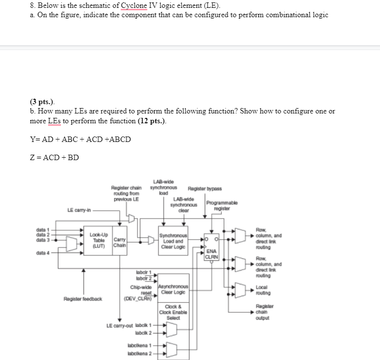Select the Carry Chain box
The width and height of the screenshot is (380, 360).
pyautogui.click(x=119, y=241)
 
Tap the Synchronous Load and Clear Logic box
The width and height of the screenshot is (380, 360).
pyautogui.click(x=173, y=241)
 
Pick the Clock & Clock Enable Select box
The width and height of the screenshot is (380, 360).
pyautogui.click(x=173, y=312)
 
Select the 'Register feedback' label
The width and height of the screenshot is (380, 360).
pyautogui.click(x=82, y=298)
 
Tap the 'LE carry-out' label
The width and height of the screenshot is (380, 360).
pyautogui.click(x=120, y=326)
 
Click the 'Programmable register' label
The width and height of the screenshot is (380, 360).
pyautogui.click(x=222, y=205)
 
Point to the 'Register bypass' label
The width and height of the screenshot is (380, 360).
pyautogui.click(x=205, y=189)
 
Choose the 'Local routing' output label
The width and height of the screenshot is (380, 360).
pyautogui.click(x=263, y=290)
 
